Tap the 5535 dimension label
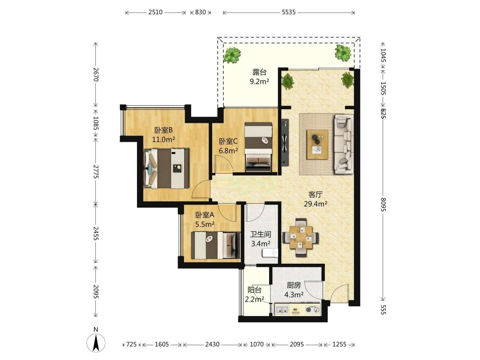(288, 12)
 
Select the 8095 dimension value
(383, 204)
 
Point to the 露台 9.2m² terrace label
(259, 77)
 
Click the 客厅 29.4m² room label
(315, 199)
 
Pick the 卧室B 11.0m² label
(164, 135)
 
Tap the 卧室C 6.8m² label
(228, 146)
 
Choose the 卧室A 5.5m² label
(205, 219)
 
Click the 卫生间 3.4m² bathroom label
(261, 239)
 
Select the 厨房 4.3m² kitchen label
(294, 290)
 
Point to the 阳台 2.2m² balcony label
(254, 295)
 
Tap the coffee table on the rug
(317, 144)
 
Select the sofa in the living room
(344, 144)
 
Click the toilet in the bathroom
(270, 253)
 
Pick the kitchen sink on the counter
(282, 309)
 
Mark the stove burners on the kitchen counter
(313, 309)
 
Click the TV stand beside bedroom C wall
(285, 143)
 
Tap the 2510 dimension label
(155, 12)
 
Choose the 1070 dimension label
(257, 344)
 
